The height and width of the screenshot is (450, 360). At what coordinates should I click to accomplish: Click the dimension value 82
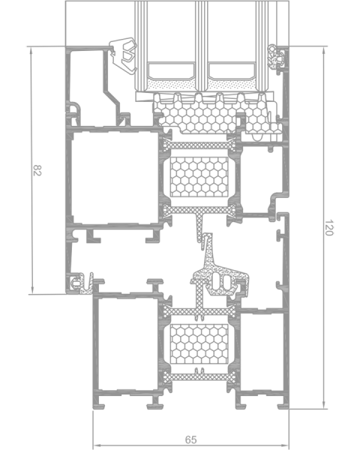pyautogui.click(x=37, y=170)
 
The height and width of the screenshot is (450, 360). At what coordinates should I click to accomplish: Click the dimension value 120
pyautogui.click(x=328, y=227)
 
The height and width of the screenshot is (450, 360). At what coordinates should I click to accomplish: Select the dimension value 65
pyautogui.click(x=191, y=439)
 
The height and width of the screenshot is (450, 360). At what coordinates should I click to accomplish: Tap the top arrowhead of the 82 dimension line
pyautogui.click(x=31, y=50)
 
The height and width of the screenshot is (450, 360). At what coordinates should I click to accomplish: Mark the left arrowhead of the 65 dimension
pyautogui.click(x=97, y=445)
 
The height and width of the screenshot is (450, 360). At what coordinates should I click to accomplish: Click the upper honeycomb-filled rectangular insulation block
pyautogui.click(x=199, y=177)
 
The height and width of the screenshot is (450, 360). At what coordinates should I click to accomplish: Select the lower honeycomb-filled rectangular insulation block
pyautogui.click(x=199, y=344)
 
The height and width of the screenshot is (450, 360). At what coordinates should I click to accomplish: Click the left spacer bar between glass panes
pyautogui.click(x=171, y=71)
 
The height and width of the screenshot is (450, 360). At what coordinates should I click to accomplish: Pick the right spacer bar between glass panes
pyautogui.click(x=232, y=71)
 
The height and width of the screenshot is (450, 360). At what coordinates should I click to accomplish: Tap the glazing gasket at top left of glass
pyautogui.click(x=124, y=55)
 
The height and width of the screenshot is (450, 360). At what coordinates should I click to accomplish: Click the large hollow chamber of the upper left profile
pyautogui.click(x=115, y=178)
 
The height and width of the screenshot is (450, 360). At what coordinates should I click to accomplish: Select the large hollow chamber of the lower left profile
pyautogui.click(x=127, y=344)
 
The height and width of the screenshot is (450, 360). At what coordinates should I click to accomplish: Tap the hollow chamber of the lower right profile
pyautogui.click(x=262, y=352)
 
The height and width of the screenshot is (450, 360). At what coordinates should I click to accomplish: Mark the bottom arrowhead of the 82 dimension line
pyautogui.click(x=31, y=290)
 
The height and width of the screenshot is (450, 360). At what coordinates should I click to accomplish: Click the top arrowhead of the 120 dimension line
pyautogui.click(x=324, y=50)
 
